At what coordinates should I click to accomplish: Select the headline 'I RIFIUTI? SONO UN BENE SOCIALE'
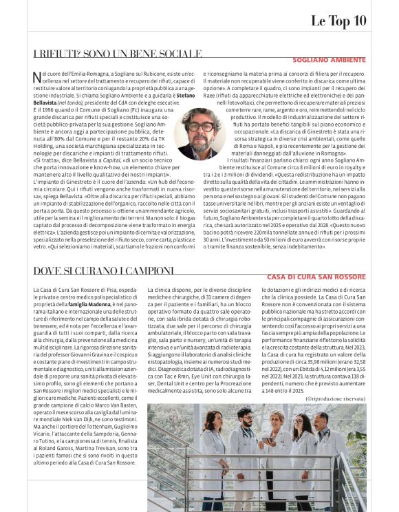[x=118, y=54]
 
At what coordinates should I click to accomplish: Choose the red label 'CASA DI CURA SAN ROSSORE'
[x=316, y=277]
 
